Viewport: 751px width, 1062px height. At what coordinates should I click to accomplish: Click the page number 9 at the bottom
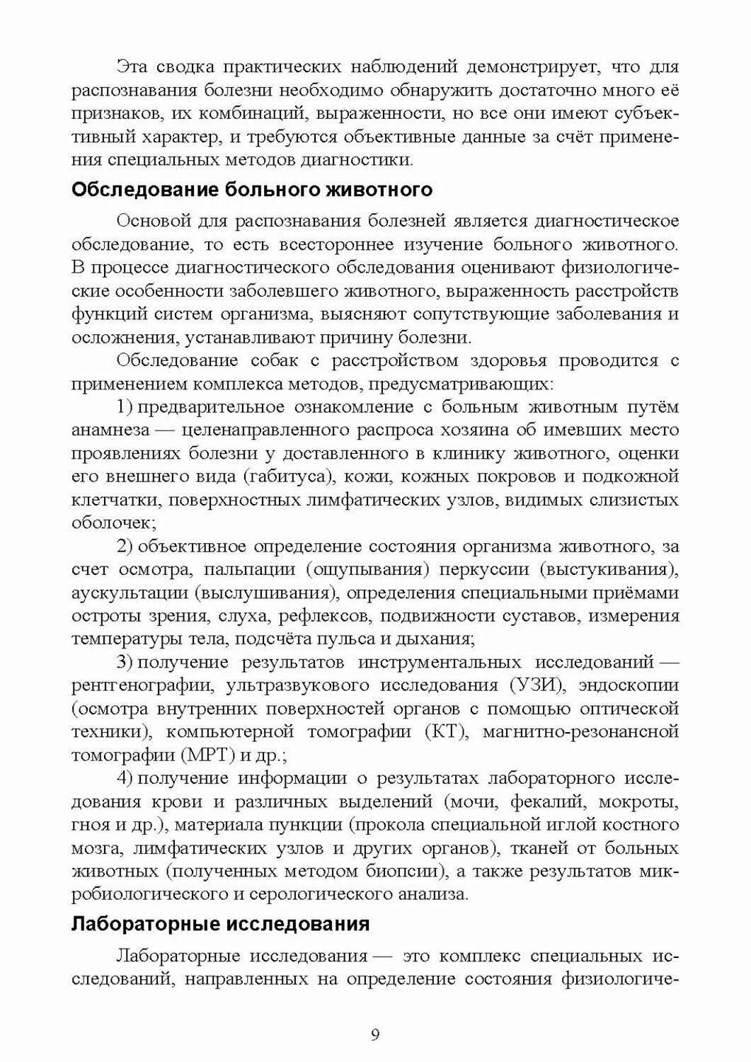(x=375, y=1035)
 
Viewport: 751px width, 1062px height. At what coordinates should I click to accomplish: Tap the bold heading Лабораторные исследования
(x=222, y=924)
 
